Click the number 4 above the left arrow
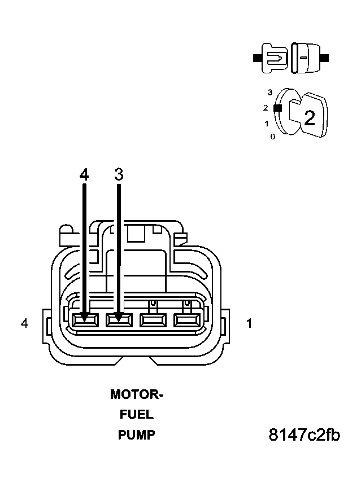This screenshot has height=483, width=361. click(x=84, y=174)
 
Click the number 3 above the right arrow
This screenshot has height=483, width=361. click(x=119, y=174)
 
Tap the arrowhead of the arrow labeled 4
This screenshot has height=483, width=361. click(x=84, y=318)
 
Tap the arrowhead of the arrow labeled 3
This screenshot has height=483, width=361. click(x=119, y=318)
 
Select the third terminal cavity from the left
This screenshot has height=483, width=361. click(x=152, y=320)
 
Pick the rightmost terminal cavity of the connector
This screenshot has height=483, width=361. click(x=186, y=320)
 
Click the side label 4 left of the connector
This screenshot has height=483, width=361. click(x=24, y=323)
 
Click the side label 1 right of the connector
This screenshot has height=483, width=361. click(x=249, y=323)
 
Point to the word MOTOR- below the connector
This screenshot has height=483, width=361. click(x=137, y=394)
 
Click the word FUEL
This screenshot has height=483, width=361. click(x=136, y=415)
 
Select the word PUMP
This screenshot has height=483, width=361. click(x=136, y=435)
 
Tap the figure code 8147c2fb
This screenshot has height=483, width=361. click(x=304, y=435)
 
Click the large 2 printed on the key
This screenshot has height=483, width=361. click(x=309, y=118)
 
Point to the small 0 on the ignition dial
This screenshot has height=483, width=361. click(x=272, y=137)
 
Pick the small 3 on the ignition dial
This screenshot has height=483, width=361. click(x=270, y=92)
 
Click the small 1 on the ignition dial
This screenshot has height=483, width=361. click(x=267, y=124)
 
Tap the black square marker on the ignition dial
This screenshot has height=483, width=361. click(x=277, y=108)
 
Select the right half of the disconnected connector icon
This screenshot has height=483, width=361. click(x=305, y=58)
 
